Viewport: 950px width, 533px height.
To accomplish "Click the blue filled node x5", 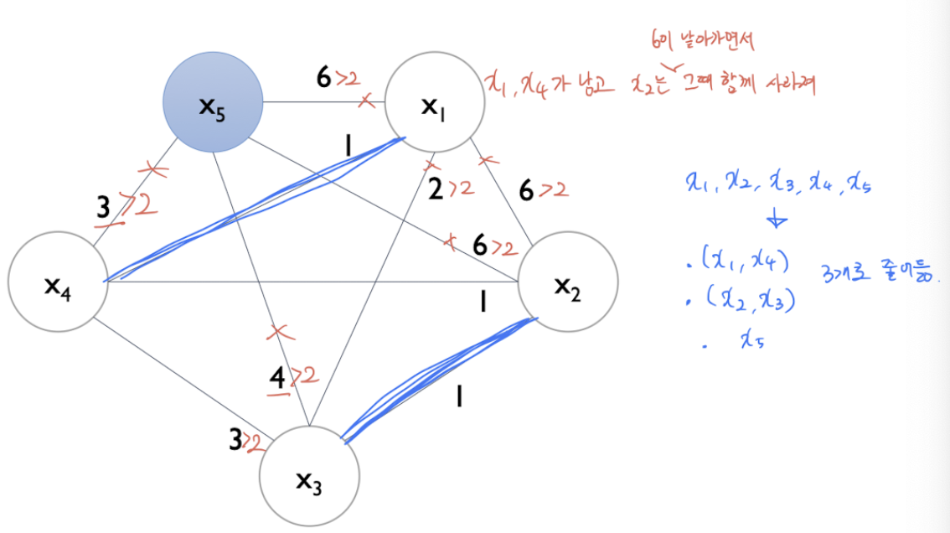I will click(x=213, y=103).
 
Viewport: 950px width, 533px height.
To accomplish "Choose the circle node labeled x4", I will click(x=58, y=283).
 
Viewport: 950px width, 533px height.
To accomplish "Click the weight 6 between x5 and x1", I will click(x=323, y=79).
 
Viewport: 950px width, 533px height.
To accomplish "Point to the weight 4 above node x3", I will click(x=277, y=380).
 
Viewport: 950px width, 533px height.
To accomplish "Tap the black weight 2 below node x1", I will click(x=436, y=189).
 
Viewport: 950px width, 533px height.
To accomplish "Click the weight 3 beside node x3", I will click(x=236, y=439).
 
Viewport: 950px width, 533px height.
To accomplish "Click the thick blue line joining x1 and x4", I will click(x=251, y=210).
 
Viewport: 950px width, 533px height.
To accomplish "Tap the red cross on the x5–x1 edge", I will click(x=366, y=101).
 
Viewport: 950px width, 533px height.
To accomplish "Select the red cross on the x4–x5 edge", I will click(x=152, y=170).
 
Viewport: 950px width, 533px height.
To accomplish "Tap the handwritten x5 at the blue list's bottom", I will click(x=749, y=339).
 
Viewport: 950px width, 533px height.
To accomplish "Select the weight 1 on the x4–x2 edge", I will click(x=482, y=301).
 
